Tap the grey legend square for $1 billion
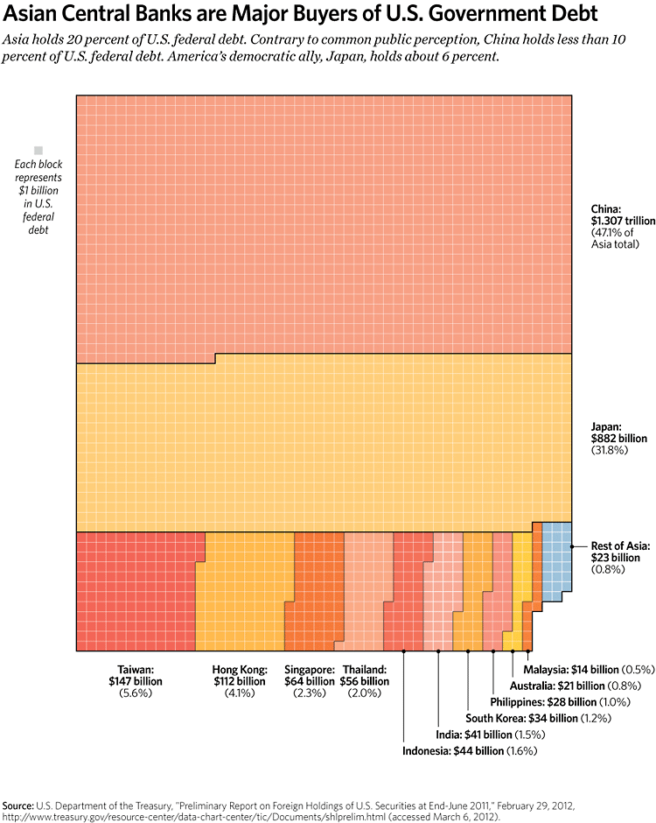click(x=38, y=151)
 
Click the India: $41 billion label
click(x=487, y=734)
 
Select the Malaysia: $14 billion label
click(x=587, y=670)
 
